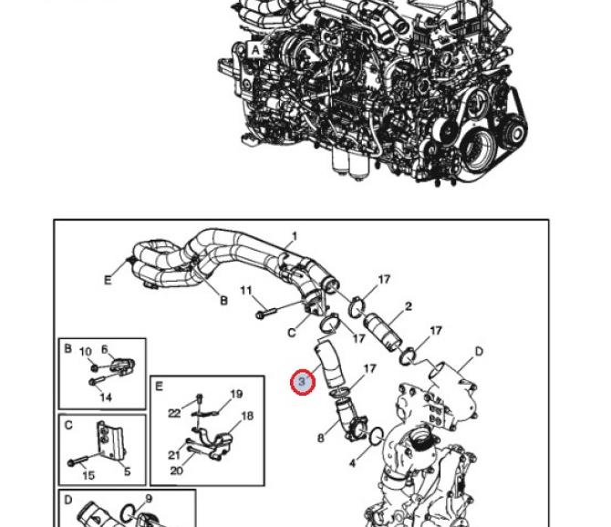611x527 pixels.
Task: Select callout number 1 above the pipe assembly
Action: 294,237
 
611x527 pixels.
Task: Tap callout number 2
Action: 408,307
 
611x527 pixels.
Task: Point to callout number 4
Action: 353,464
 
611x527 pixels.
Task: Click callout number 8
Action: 321,438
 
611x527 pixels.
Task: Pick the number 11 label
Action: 245,291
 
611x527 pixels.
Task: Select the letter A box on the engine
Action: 255,50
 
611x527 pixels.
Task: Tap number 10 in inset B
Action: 86,352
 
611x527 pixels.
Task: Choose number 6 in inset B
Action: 105,349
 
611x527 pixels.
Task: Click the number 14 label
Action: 106,398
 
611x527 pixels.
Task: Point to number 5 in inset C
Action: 127,471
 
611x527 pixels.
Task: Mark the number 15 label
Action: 88,476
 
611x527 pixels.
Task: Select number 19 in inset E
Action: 236,395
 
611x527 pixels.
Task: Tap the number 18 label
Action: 246,417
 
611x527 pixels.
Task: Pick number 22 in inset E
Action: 175,413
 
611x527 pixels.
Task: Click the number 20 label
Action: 176,470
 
